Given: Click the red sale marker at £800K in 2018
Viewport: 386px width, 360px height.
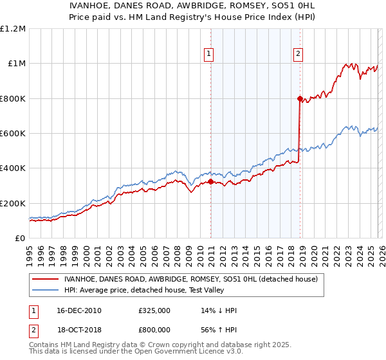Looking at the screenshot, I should tap(300, 98).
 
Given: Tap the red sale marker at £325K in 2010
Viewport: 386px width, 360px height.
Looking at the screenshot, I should tap(210, 182).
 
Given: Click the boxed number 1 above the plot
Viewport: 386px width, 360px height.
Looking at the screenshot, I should tap(210, 55).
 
